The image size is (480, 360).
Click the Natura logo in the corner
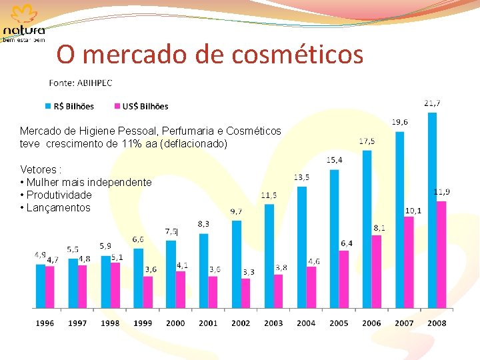(x=25, y=23)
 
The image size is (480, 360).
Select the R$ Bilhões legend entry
(x=70, y=106)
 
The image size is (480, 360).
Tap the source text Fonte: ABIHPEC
(x=81, y=83)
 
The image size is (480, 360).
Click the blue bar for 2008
(x=432, y=210)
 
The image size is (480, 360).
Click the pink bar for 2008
(x=441, y=255)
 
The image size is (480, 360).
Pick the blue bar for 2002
(x=237, y=264)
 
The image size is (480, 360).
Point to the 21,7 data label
(x=432, y=103)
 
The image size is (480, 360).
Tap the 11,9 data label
(x=441, y=192)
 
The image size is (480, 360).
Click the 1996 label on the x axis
(x=45, y=323)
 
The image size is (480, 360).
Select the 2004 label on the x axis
(x=306, y=323)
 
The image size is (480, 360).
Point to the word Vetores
(x=38, y=169)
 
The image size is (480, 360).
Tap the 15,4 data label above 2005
(x=335, y=160)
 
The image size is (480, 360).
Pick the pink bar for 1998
(x=115, y=285)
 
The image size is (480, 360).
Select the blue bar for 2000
(x=171, y=274)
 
